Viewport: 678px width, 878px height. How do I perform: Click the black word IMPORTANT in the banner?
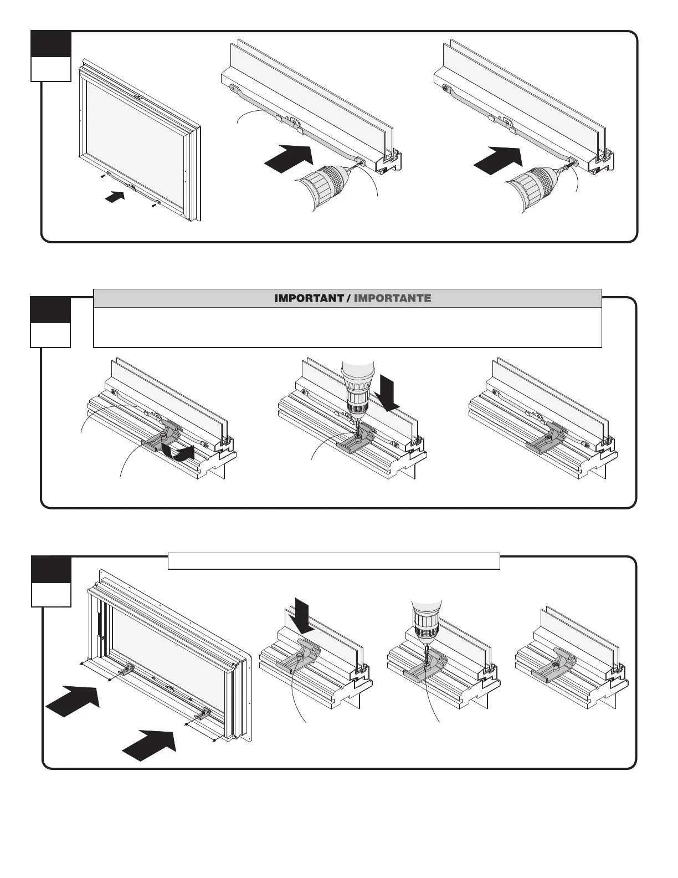(309, 298)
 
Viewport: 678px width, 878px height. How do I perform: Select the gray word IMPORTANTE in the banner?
(392, 298)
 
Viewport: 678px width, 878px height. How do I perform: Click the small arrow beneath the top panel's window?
(115, 196)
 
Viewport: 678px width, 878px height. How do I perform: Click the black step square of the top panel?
(51, 44)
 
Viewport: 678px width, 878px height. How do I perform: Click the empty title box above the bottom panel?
(333, 560)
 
